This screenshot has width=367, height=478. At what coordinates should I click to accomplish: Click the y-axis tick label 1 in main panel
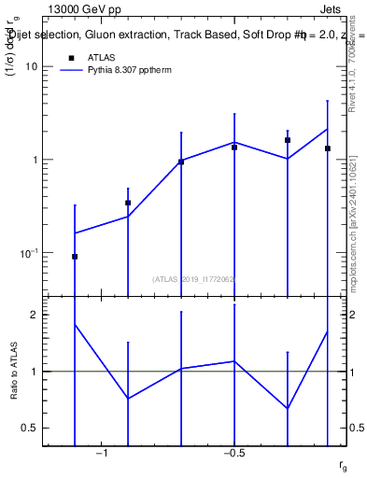coord(34,160)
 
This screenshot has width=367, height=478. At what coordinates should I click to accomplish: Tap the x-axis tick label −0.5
coord(233,455)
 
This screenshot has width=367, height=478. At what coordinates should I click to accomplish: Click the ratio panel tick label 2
coord(35,315)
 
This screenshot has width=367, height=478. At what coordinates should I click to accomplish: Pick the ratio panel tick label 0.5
coord(30,428)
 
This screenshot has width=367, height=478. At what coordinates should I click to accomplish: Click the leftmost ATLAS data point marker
coord(75,256)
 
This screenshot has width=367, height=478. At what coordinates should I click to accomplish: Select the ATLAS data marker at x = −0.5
coord(234,148)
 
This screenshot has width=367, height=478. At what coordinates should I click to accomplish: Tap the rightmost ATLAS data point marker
coord(328,148)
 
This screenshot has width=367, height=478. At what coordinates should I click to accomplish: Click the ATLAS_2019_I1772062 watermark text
coord(193,278)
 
